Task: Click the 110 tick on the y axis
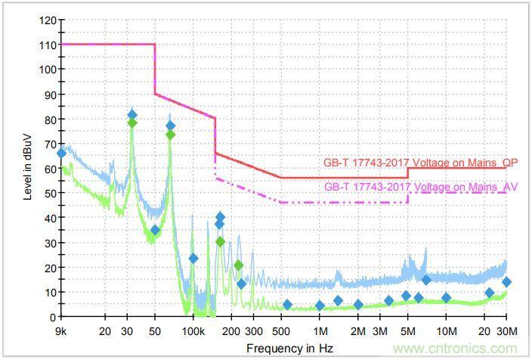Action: [x=48, y=45]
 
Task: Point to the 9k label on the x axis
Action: [x=60, y=331]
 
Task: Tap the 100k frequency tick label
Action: [x=193, y=331]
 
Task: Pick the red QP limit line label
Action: [x=421, y=162]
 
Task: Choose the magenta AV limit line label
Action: [x=421, y=186]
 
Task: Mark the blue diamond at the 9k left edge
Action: [x=61, y=153]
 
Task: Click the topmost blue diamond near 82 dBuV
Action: [x=132, y=115]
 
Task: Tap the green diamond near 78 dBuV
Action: [x=132, y=123]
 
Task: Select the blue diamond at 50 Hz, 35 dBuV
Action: [x=155, y=230]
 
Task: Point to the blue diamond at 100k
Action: [x=193, y=258]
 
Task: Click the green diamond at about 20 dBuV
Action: [x=239, y=265]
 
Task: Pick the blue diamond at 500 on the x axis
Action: [x=287, y=305]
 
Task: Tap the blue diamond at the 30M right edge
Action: [x=506, y=282]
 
